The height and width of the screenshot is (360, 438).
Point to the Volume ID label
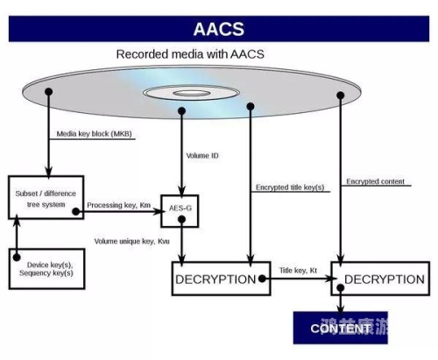click(204, 156)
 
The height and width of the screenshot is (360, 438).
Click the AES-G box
click(180, 209)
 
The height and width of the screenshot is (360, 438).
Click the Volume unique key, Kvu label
click(132, 239)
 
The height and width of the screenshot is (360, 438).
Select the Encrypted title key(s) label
click(288, 187)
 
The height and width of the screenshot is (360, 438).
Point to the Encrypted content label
click(375, 181)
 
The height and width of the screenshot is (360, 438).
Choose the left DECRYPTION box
click(215, 279)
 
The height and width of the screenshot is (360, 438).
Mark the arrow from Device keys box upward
click(15, 233)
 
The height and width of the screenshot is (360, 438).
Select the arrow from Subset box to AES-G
click(123, 211)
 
